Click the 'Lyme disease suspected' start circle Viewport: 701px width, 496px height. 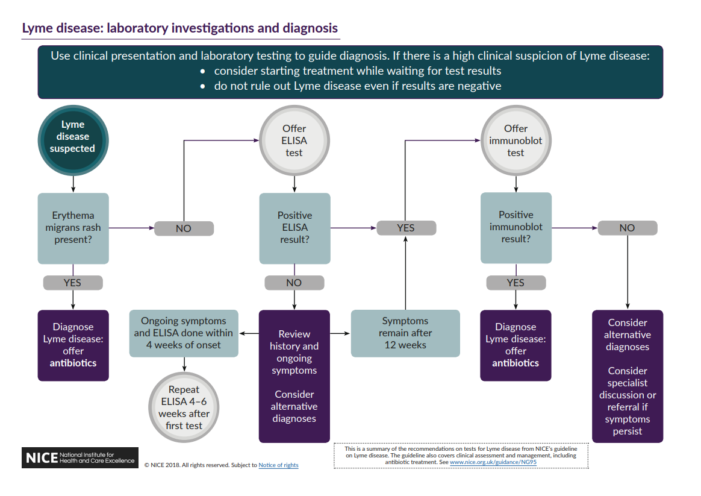click(x=72, y=137)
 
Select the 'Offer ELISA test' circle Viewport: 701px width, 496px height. click(x=294, y=140)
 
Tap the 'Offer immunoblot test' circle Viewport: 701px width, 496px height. click(x=516, y=140)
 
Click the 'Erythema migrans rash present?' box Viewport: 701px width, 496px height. click(x=73, y=228)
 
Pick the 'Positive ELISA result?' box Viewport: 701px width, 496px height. click(x=294, y=228)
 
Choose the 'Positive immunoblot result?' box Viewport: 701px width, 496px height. click(x=516, y=228)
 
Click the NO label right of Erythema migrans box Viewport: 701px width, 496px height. click(x=184, y=228)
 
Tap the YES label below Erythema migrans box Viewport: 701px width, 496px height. click(x=73, y=282)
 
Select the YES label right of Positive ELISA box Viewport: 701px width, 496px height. click(x=406, y=228)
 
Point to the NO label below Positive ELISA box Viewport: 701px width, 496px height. click(x=294, y=282)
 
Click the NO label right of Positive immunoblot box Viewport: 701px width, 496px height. click(x=627, y=228)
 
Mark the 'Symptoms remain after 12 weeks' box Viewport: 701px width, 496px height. click(x=405, y=333)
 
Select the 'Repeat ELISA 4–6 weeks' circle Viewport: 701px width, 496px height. click(x=184, y=407)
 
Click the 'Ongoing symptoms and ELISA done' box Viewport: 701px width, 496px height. click(x=184, y=333)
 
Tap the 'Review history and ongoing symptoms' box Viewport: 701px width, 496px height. click(x=294, y=376)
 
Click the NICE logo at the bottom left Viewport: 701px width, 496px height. click(x=80, y=457)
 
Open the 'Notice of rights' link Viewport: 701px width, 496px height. click(x=278, y=465)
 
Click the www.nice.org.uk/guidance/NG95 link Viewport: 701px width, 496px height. click(x=493, y=462)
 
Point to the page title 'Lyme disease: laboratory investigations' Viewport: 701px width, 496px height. click(x=179, y=28)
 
